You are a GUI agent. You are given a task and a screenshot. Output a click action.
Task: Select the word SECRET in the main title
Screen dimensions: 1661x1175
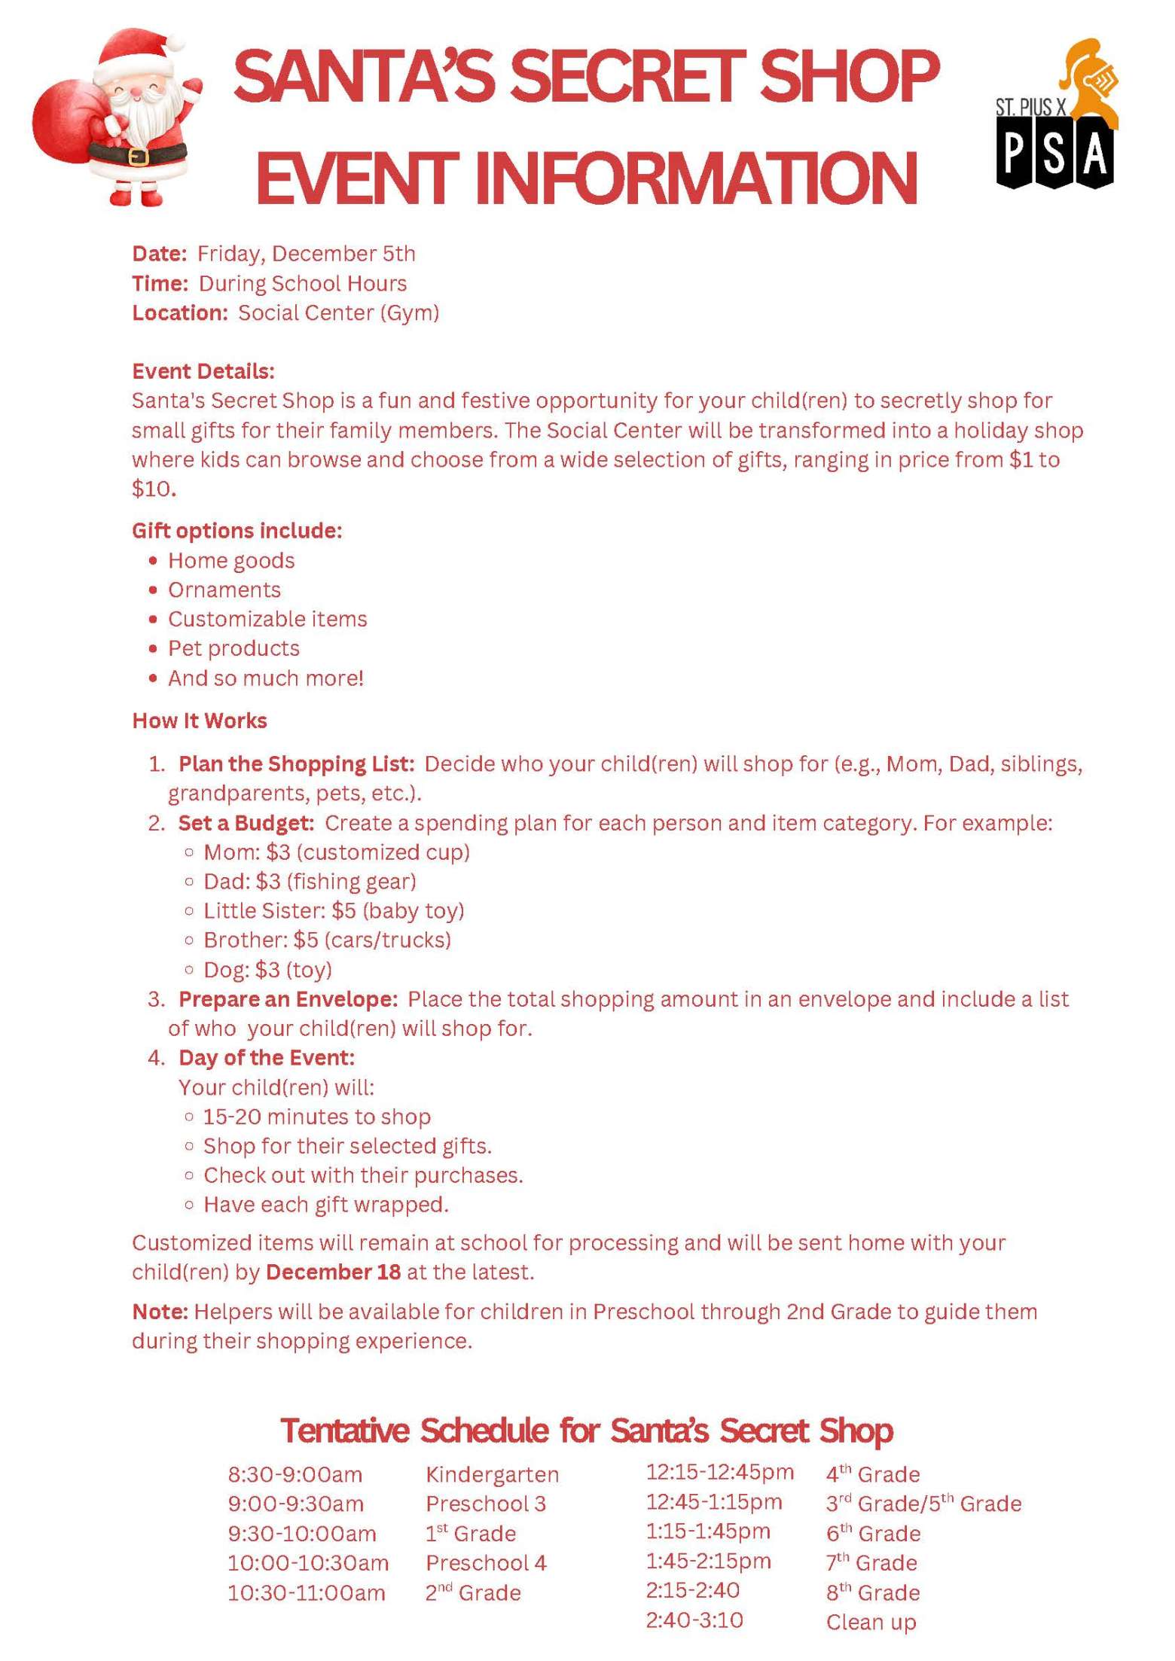coord(629,78)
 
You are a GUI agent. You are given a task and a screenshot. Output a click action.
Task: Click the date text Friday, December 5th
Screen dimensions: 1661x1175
coord(306,254)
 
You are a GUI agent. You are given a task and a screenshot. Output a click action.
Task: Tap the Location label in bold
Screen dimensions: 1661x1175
coord(179,312)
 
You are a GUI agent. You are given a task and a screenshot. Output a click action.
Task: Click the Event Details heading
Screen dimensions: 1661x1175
coord(203,371)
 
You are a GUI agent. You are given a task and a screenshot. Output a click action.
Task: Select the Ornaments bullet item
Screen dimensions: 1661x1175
coord(224,590)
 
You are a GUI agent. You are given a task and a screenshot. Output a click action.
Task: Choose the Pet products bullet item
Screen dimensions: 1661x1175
coord(233,648)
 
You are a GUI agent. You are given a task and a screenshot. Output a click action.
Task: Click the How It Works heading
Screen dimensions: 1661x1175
coord(199,721)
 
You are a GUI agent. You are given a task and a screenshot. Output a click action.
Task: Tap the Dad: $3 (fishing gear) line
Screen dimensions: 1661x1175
coord(309,881)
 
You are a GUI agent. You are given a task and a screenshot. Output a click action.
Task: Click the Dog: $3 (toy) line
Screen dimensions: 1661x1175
coord(267,969)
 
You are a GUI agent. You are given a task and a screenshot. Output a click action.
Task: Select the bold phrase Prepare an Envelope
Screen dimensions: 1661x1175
coord(288,999)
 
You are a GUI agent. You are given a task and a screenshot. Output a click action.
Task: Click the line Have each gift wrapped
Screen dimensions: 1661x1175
coord(325,1205)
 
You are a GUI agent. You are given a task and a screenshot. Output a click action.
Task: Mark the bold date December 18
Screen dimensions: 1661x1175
coord(334,1272)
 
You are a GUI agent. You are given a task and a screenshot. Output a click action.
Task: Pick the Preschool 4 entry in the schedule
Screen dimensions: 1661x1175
coord(486,1562)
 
